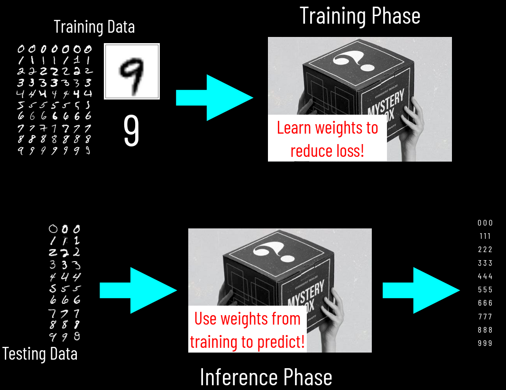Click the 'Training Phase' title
tap(359, 16)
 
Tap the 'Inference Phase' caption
tap(266, 377)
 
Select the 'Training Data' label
tap(94, 27)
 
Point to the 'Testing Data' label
tap(40, 354)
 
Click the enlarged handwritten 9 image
tap(132, 72)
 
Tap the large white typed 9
tap(131, 130)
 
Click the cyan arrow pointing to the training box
tap(214, 98)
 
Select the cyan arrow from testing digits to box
tap(138, 290)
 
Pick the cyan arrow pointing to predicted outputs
tap(421, 290)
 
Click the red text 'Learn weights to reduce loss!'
tap(327, 139)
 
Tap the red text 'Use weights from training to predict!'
tap(247, 330)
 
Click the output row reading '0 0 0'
tap(485, 223)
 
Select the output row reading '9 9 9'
tap(485, 343)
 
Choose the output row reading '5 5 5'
tap(485, 290)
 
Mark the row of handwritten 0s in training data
tap(54, 49)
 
